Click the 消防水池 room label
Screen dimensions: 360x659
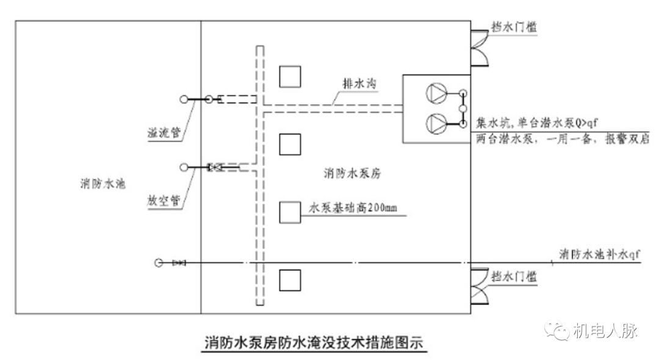coord(102,183)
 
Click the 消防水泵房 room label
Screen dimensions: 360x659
coord(352,174)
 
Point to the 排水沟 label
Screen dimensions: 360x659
coord(358,85)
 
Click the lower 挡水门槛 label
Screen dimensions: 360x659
coord(514,276)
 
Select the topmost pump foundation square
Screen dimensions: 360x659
coord(290,76)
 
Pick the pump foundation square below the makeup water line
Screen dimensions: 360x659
coord(290,279)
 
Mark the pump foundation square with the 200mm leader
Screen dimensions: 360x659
coord(290,212)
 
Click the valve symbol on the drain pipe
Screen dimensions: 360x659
coord(214,167)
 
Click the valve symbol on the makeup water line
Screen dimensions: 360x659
coord(179,263)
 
